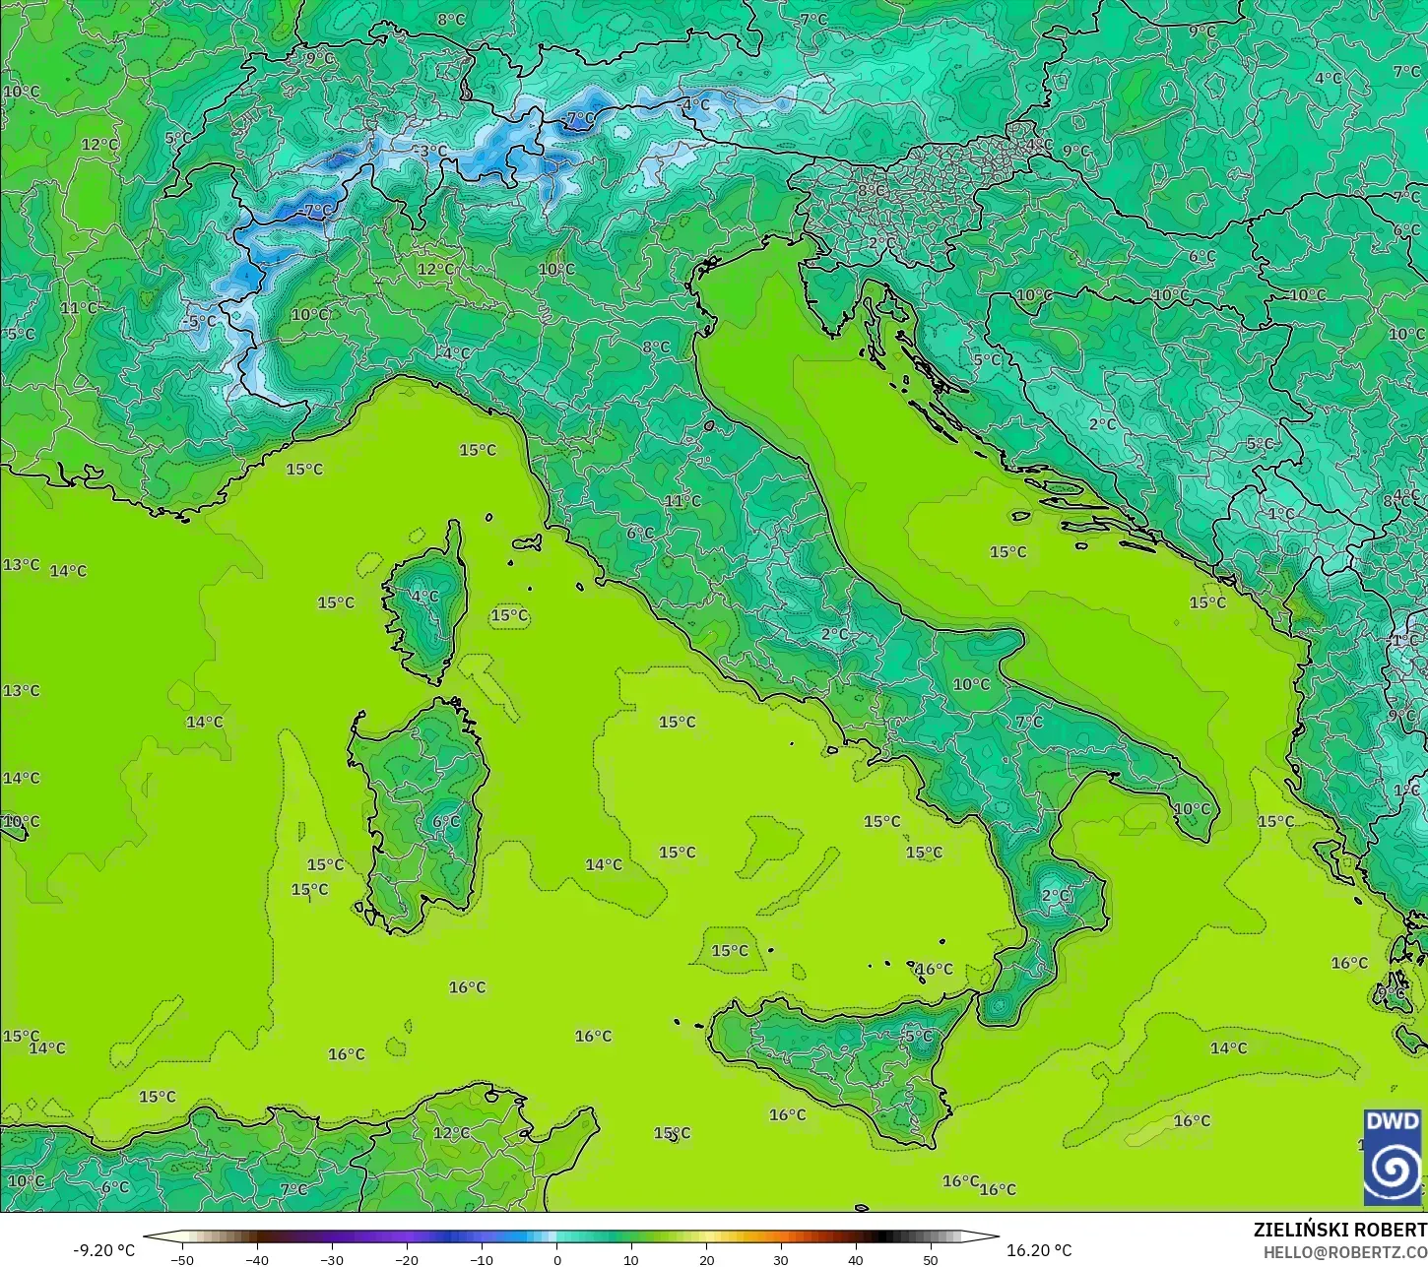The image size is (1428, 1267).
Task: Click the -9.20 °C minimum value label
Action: (x=104, y=1250)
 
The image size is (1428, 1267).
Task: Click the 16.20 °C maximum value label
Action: (x=1039, y=1250)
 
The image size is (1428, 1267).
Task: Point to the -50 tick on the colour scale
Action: (x=182, y=1259)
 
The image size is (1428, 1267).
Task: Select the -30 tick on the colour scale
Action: (x=332, y=1259)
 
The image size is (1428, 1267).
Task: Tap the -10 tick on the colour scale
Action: (x=482, y=1259)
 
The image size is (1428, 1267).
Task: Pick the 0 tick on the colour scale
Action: (x=556, y=1259)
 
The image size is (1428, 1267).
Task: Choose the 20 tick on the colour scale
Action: (x=706, y=1259)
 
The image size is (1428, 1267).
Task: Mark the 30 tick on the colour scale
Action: (x=781, y=1259)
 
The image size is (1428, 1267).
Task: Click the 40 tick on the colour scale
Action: (x=856, y=1259)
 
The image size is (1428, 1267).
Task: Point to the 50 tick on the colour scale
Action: (x=931, y=1259)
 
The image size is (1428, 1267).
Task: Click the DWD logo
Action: (x=1393, y=1157)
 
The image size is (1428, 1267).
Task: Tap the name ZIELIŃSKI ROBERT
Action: (x=1339, y=1231)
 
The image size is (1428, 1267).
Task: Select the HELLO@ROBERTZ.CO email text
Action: (x=1345, y=1252)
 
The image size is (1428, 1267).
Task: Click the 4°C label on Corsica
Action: (x=425, y=597)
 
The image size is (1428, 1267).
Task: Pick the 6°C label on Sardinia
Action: (x=446, y=821)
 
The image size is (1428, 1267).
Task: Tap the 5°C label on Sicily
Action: (x=918, y=1036)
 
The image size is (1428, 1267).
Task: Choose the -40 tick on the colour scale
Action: (x=257, y=1259)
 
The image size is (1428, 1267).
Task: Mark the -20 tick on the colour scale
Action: (x=407, y=1259)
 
